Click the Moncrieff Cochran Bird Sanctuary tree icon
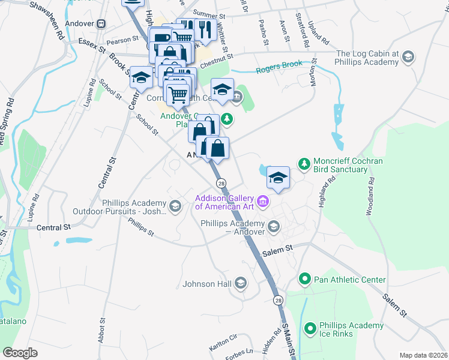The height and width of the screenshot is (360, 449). coord(304,164)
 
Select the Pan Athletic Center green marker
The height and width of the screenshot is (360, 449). coord(305,280)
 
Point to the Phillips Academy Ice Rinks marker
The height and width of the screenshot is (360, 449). coord(310,328)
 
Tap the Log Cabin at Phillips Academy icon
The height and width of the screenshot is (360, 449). coord(408,57)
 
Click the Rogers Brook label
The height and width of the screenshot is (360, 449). coord(279,70)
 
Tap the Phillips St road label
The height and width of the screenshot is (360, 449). coord(142,227)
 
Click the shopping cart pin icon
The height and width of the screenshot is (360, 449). coord(177,94)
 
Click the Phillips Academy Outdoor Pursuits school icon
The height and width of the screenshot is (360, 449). coord(175,207)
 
